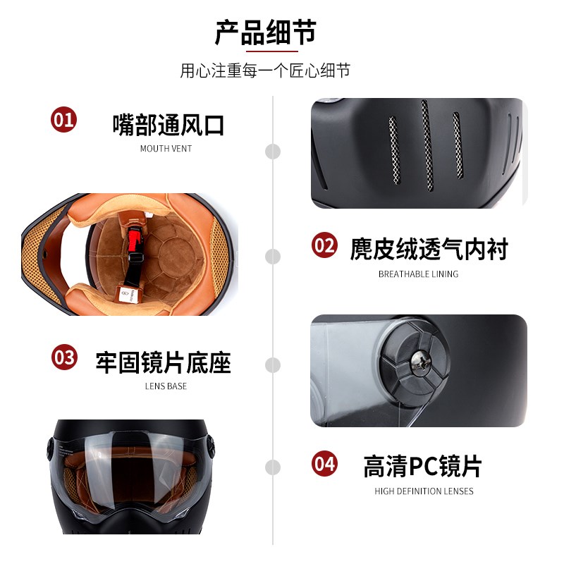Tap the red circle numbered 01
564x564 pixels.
[x=64, y=119]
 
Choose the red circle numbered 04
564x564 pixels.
[x=324, y=464]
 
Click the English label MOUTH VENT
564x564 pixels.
[x=166, y=149]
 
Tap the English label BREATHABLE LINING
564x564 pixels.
[x=418, y=274]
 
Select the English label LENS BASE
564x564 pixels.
[x=166, y=386]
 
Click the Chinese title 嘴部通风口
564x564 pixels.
[x=168, y=125]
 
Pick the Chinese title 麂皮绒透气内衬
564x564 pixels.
[x=429, y=249]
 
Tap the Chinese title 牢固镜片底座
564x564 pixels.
[x=164, y=362]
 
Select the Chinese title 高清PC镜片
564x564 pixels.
[x=422, y=466]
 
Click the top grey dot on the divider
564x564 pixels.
[x=273, y=151]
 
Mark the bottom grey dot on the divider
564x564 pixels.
[x=273, y=467]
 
